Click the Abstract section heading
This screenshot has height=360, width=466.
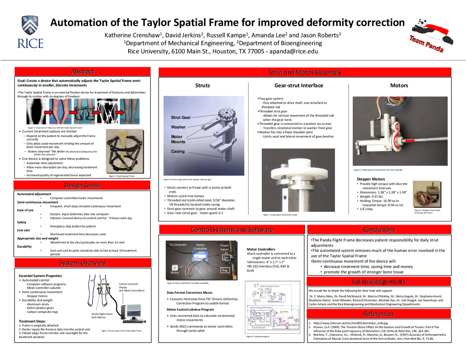[x=83, y=72]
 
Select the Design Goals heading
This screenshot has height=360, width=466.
[x=82, y=185]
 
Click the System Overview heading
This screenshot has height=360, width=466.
[x=83, y=263]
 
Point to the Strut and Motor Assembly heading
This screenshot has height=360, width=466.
[x=305, y=72]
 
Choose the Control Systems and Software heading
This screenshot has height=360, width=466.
[x=232, y=230]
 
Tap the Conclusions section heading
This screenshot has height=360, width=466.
[x=379, y=230]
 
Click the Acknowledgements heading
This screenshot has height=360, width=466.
[x=379, y=282]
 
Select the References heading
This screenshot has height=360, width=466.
[x=379, y=314]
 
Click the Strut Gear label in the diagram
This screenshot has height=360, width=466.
[x=181, y=118]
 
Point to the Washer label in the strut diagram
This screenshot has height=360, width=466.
[x=178, y=127]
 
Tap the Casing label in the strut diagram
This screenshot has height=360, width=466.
[x=178, y=151]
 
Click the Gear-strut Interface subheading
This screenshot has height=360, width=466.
[x=299, y=86]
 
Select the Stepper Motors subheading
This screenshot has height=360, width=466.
[x=371, y=179]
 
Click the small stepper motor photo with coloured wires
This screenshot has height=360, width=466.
[x=427, y=194]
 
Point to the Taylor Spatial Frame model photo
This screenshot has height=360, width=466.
[x=125, y=152]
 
